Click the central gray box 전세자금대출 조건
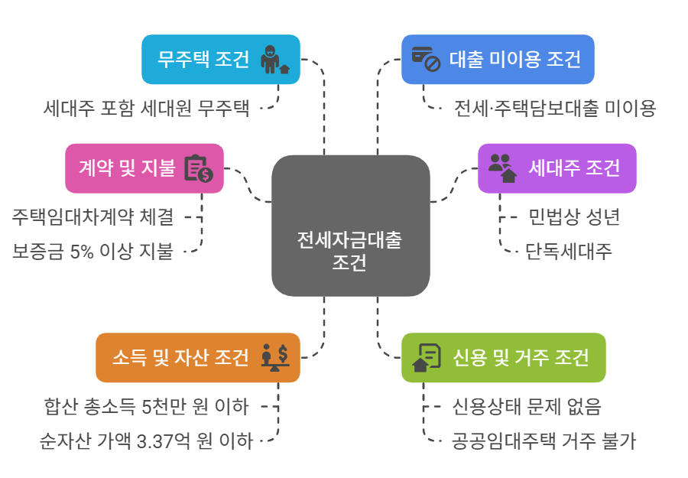(351, 226)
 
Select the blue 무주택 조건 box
(221, 59)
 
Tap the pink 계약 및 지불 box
(144, 168)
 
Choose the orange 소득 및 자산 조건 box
(197, 357)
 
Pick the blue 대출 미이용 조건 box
(498, 59)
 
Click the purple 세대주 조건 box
(557, 168)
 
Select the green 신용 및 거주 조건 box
(503, 357)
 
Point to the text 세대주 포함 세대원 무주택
(147, 108)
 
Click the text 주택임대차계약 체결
(92, 217)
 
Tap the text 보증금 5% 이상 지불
(92, 250)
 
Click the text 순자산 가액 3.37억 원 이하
(146, 441)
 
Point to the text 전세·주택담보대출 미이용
(554, 108)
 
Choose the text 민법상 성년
(573, 217)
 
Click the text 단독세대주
(568, 250)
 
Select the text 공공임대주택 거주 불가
(544, 441)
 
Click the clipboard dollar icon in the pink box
(198, 168)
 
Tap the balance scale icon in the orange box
(274, 357)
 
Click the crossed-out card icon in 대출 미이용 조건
(426, 59)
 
